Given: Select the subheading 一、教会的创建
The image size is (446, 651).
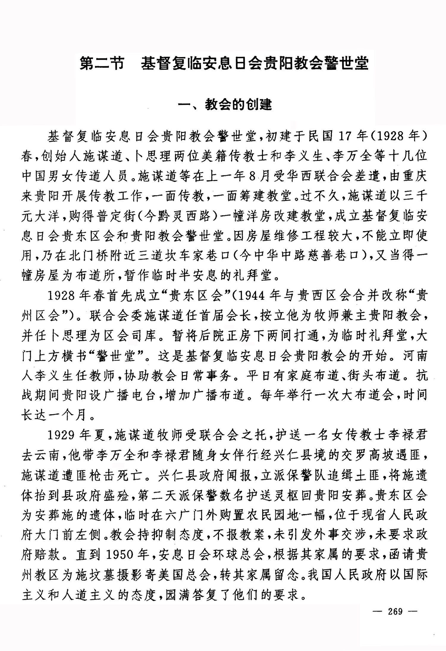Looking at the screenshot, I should (x=224, y=104).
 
